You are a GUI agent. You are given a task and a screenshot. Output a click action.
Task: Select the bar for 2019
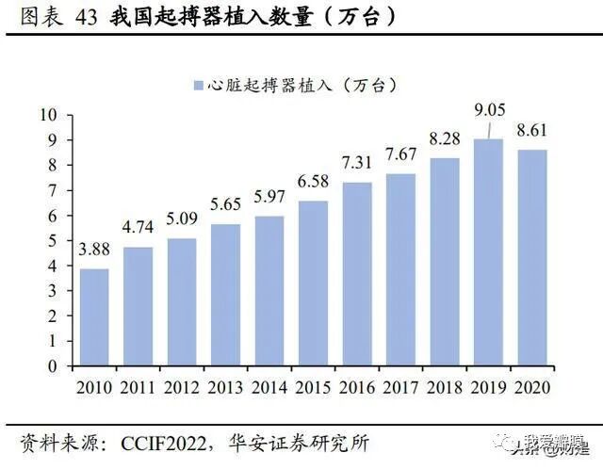click(x=487, y=253)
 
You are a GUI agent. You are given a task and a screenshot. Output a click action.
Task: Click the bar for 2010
click(x=94, y=317)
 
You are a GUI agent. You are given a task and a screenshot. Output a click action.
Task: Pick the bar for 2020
click(x=530, y=258)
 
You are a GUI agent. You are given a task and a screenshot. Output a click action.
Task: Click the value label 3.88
click(x=94, y=251)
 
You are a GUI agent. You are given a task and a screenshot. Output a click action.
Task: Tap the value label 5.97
click(x=269, y=198)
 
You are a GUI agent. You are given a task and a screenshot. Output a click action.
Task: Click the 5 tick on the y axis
click(x=54, y=241)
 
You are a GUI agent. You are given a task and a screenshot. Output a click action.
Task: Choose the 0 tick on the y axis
click(x=54, y=366)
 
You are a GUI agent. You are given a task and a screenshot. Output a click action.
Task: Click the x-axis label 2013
click(x=225, y=387)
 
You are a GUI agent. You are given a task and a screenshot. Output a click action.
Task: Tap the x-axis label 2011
click(x=138, y=387)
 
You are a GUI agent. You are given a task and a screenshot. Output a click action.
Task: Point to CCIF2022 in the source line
click(x=167, y=443)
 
